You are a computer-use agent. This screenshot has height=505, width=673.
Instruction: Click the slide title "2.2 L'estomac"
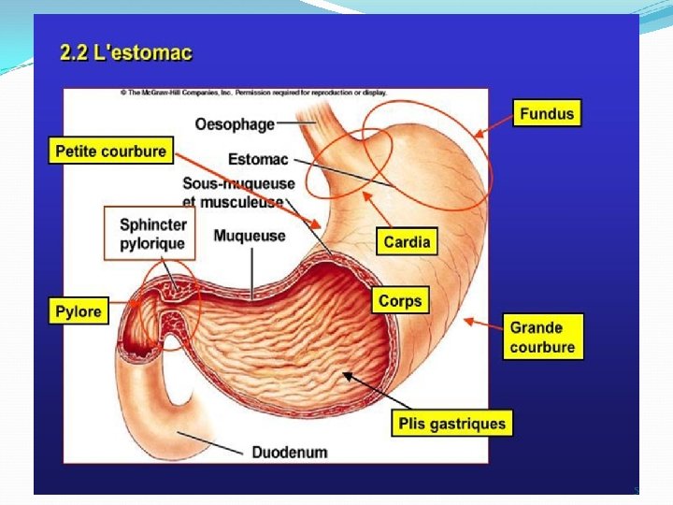click(126, 52)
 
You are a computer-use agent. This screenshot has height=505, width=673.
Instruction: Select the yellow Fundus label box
click(547, 114)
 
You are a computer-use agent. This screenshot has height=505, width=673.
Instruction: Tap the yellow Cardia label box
click(407, 241)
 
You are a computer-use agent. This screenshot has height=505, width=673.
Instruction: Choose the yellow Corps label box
click(400, 301)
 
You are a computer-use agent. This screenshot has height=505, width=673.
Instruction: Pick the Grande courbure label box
click(542, 338)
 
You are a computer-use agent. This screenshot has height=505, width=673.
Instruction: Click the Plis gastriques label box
click(451, 424)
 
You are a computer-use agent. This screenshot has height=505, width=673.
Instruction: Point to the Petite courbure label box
click(110, 151)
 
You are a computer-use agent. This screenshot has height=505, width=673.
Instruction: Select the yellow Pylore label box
click(79, 311)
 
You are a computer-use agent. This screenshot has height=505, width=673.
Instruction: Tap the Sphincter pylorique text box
click(153, 234)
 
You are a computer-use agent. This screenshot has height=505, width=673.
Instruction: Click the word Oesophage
click(235, 123)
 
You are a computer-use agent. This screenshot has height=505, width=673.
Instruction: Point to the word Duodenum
click(289, 452)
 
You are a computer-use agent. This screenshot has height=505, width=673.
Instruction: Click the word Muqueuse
click(250, 236)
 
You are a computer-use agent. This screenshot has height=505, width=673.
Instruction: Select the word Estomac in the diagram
click(258, 159)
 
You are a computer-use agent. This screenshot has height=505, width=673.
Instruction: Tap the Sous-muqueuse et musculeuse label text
click(237, 192)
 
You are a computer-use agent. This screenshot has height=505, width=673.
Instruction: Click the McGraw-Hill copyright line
click(252, 93)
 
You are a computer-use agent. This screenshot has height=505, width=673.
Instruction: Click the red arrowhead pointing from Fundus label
click(480, 134)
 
